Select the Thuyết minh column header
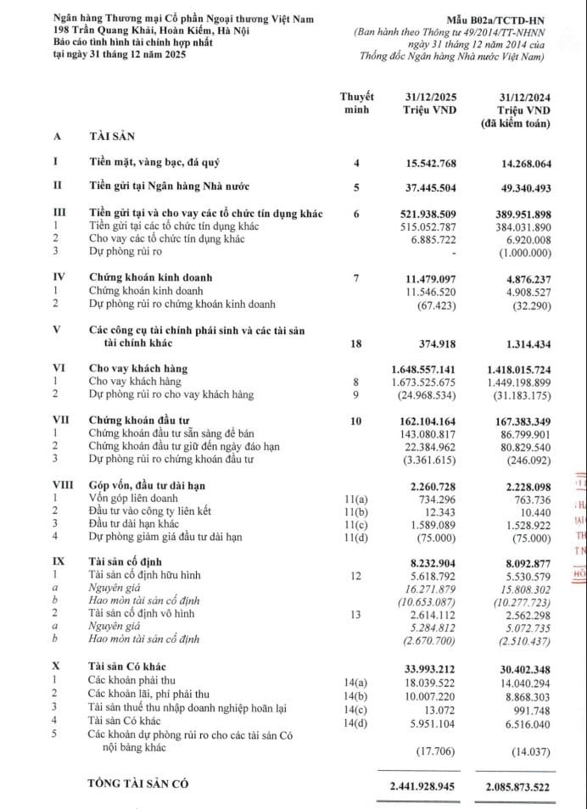pos(357,103)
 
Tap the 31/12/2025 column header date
pos(428,98)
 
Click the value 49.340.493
pos(517,187)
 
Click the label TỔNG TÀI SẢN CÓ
pos(137,784)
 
